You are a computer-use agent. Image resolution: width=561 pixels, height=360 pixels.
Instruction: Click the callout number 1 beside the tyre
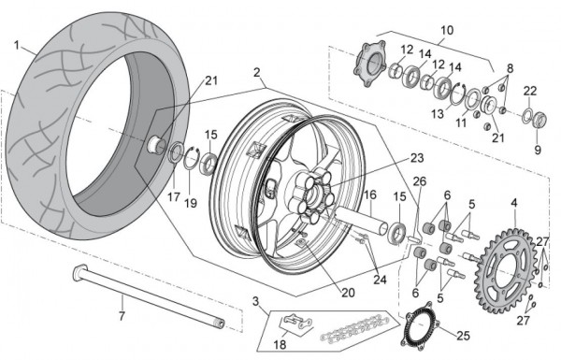[17, 46]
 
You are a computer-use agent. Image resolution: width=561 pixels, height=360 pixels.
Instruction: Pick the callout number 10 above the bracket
[447, 31]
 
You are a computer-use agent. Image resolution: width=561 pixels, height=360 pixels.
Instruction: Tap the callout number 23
[417, 158]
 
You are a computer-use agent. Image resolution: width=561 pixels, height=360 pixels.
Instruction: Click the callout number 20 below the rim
[348, 293]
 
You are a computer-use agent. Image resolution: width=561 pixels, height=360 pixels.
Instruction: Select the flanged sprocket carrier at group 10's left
[370, 64]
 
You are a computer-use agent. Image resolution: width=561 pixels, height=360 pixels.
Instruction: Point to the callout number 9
[538, 150]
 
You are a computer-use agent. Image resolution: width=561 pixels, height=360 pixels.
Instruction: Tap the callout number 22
[530, 92]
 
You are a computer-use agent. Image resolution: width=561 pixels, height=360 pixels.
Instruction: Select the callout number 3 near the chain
[255, 301]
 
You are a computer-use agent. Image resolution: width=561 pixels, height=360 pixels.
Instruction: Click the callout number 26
[420, 181]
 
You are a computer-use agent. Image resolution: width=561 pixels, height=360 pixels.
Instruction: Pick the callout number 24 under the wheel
[380, 280]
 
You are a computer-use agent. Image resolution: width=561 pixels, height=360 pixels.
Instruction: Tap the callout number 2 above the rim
[256, 73]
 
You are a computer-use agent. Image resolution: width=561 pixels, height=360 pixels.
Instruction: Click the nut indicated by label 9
[539, 119]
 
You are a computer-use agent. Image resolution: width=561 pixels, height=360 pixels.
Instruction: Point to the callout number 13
[438, 114]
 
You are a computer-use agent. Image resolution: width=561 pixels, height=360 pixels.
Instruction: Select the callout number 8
[510, 68]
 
